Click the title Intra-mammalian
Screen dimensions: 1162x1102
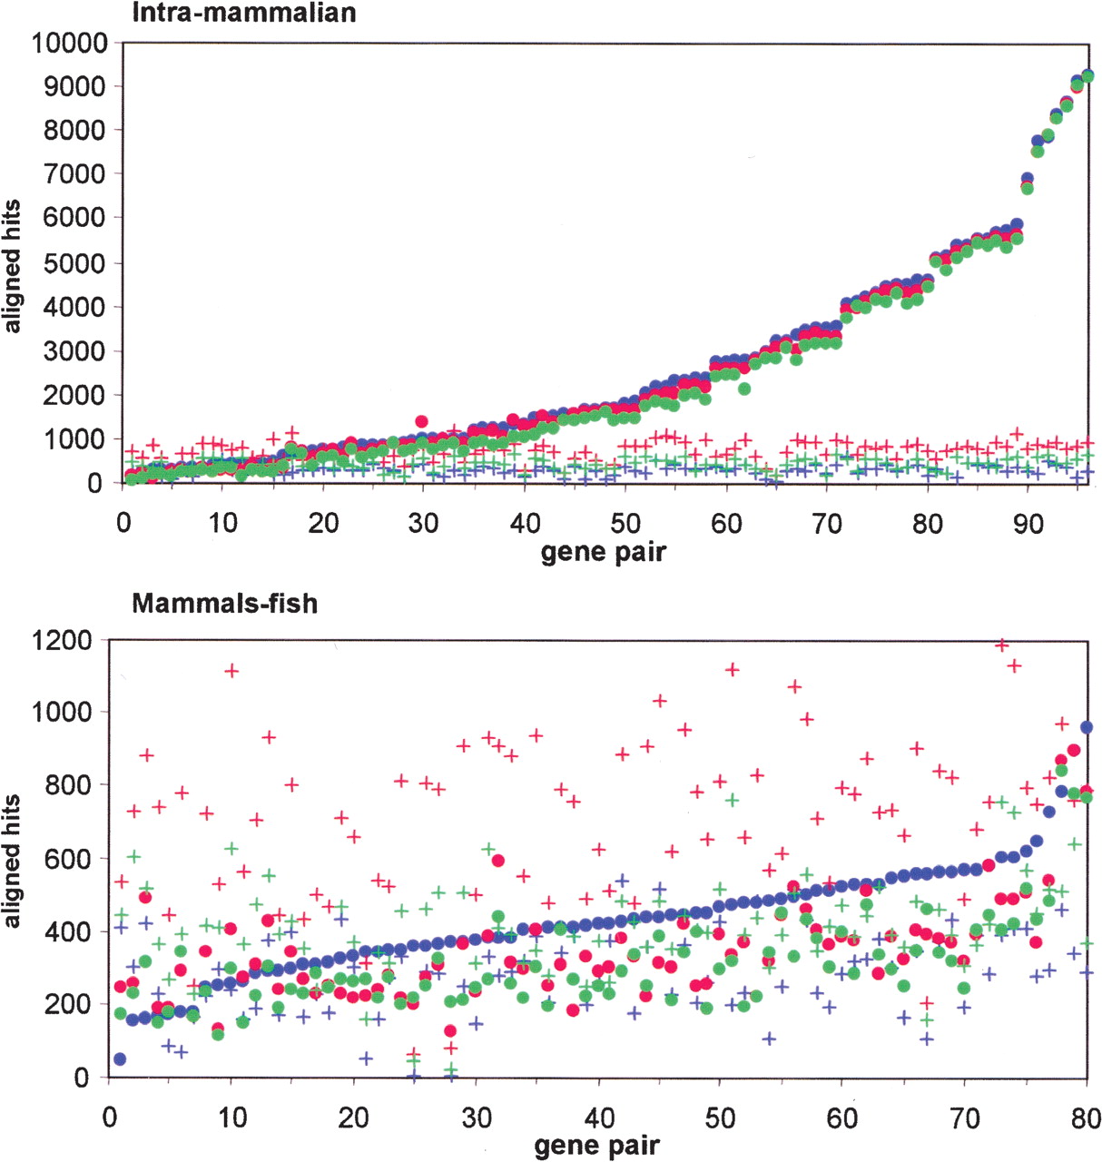point(243,13)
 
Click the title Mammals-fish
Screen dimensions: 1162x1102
point(224,604)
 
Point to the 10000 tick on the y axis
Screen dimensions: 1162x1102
point(69,43)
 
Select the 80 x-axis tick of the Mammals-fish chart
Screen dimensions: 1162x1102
point(1087,1117)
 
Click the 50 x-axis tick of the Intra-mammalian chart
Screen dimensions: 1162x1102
point(625,524)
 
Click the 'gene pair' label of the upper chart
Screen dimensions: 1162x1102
point(603,551)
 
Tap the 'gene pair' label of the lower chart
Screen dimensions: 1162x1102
point(596,1146)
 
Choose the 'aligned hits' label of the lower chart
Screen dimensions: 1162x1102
point(13,861)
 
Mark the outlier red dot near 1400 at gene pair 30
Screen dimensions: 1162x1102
point(421,421)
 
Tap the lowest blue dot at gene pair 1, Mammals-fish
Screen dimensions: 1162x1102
point(120,1059)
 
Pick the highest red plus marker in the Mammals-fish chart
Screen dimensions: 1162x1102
point(1002,645)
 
